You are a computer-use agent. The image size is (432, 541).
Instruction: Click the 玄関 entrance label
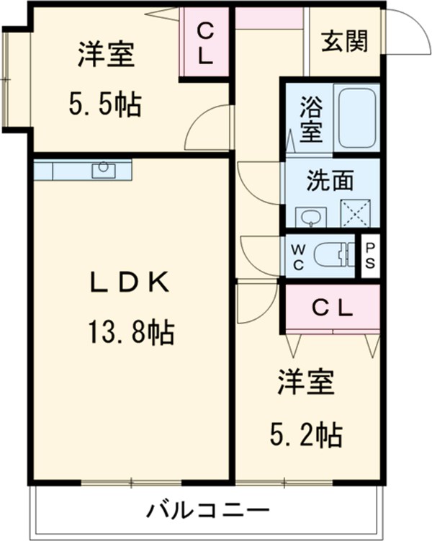click(x=344, y=42)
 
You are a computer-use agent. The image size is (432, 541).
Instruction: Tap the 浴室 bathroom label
click(x=311, y=120)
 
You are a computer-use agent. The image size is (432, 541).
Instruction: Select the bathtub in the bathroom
click(x=356, y=118)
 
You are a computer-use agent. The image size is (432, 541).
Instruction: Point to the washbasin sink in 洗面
click(x=310, y=217)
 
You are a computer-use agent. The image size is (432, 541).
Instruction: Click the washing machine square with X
click(x=354, y=213)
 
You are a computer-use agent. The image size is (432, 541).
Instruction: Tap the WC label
click(x=298, y=255)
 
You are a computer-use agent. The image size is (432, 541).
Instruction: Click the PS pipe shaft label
click(x=369, y=255)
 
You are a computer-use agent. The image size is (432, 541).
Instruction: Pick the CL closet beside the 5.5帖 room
click(x=204, y=43)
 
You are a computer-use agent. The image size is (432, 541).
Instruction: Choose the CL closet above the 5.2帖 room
click(x=332, y=308)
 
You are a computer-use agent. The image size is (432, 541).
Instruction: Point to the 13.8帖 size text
click(x=130, y=332)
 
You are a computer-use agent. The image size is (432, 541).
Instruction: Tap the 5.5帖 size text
click(x=105, y=106)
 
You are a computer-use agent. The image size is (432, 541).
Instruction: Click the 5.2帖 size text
click(x=305, y=434)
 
